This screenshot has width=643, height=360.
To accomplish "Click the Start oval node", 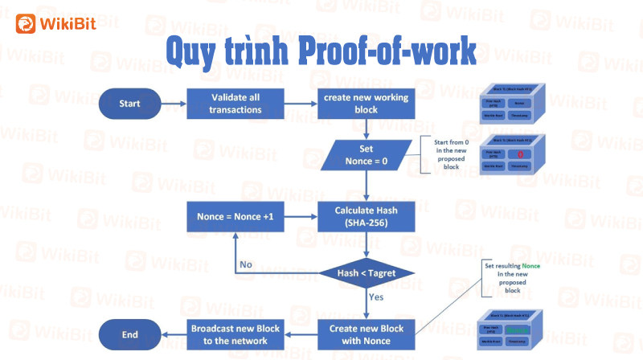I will click(x=129, y=104).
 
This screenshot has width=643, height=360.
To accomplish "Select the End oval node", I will click(x=129, y=334).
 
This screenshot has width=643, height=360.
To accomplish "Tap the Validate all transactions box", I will click(x=235, y=104).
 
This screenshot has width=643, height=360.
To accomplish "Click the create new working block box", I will click(x=367, y=104).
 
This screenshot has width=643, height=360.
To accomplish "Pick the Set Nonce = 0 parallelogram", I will click(x=367, y=155).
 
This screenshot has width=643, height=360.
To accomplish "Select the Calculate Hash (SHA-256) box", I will click(x=367, y=216).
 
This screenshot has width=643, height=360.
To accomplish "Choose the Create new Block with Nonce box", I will click(x=367, y=333).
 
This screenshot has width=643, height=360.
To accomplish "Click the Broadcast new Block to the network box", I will click(x=236, y=333).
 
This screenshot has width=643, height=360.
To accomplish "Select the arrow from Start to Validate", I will click(x=174, y=104).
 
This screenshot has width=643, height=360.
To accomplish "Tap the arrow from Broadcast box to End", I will click(x=174, y=334).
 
